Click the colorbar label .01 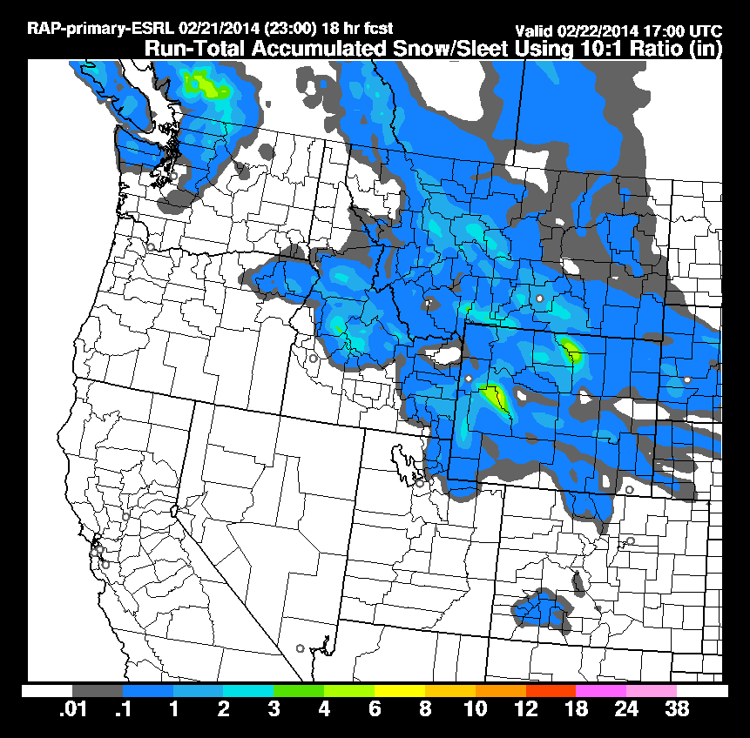click(x=71, y=709)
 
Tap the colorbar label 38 click(x=677, y=709)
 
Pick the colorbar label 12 click(x=526, y=709)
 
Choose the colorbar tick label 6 click(x=375, y=709)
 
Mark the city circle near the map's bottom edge click(x=300, y=647)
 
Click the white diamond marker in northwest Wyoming click(x=469, y=378)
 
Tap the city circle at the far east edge click(x=686, y=379)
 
